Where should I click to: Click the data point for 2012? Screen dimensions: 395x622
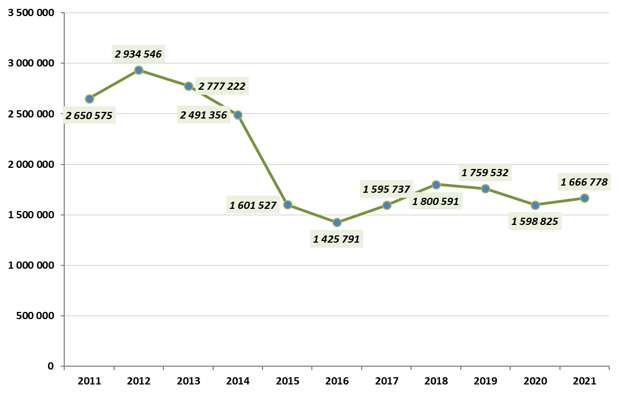coord(139,70)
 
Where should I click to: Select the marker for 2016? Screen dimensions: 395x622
coord(337,223)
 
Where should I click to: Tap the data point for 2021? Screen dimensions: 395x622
coord(584,198)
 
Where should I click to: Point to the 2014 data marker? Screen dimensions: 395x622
coord(238,115)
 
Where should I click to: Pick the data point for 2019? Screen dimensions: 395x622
coord(485,188)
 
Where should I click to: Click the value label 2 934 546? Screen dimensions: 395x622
coord(138,54)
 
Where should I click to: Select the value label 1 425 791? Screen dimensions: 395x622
coord(337,239)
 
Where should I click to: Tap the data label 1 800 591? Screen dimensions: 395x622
coord(435,202)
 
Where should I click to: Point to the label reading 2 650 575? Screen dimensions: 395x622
coord(89,116)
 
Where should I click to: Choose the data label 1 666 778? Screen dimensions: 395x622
coord(584,182)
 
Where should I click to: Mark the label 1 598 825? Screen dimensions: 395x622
coord(535,222)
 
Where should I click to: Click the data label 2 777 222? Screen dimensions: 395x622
coord(222,86)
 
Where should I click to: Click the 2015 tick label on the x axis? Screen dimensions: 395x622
coord(287,381)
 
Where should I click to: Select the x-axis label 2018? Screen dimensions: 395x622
coord(436,381)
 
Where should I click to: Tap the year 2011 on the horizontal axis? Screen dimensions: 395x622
coord(89,381)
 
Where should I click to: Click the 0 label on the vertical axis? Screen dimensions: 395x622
coord(50,367)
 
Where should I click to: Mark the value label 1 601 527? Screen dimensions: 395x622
coord(253,206)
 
